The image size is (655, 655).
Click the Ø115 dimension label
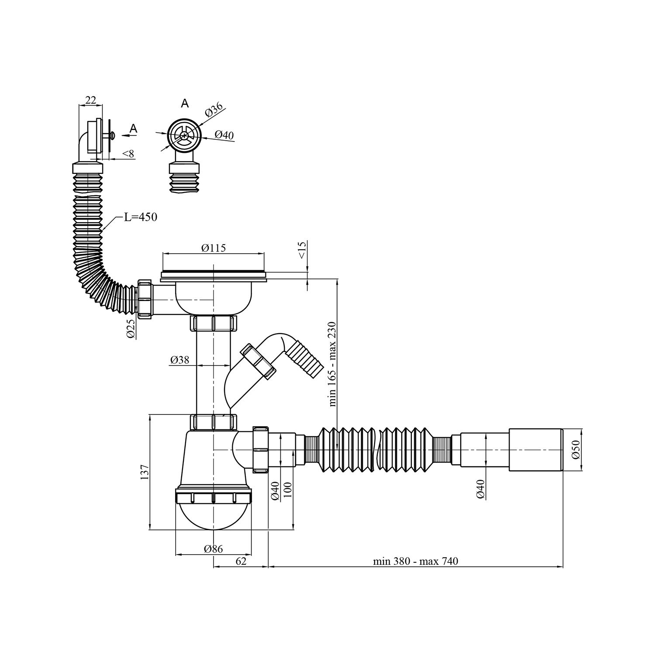coord(214,248)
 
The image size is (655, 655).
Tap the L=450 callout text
coord(140,217)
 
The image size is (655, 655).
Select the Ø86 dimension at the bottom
coord(213,549)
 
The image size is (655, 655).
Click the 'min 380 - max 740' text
coord(415,561)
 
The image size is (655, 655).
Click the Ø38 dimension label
coord(179,360)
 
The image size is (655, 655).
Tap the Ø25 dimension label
coord(130,328)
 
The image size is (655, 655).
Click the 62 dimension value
coord(241,561)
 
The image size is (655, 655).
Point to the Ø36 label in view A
coord(214,109)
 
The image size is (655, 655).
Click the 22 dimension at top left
coord(90,100)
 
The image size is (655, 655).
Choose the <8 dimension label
coord(128,153)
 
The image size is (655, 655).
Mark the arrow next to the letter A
coord(129,136)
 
